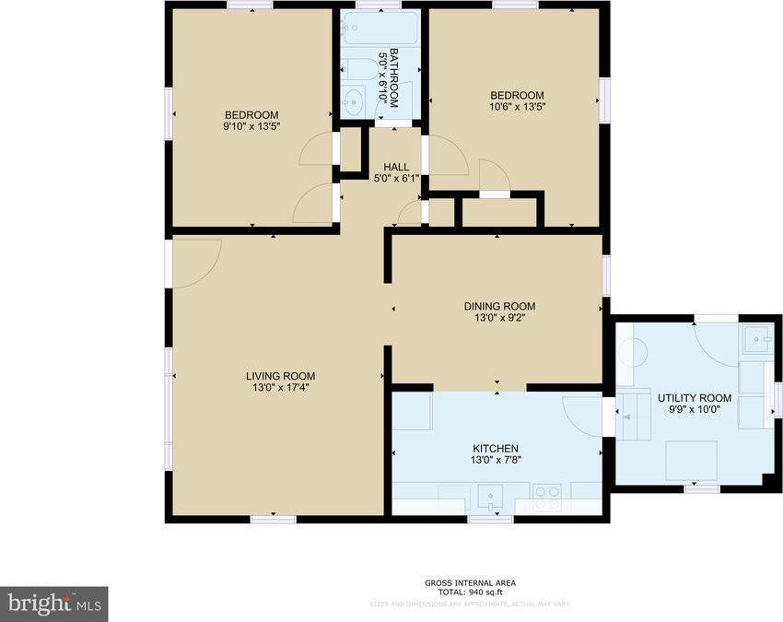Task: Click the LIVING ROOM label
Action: pos(280,376)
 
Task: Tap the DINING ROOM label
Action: pos(498,307)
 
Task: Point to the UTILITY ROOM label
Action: pos(695,398)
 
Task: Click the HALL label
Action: pos(396,167)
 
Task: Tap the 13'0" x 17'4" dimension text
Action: pos(280,388)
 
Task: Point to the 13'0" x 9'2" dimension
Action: pos(498,319)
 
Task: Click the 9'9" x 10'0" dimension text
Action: pos(695,410)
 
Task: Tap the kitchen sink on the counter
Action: pos(491,498)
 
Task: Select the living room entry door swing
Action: pos(195,260)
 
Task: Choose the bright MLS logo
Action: pos(53,604)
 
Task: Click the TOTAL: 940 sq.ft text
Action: pos(470,593)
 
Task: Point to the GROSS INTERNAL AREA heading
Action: pos(470,582)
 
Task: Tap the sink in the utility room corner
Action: pos(760,340)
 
